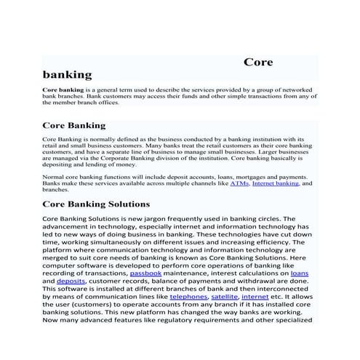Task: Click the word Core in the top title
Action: [x=257, y=63]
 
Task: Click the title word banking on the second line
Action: [x=68, y=74]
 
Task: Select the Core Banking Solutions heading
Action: [x=96, y=204]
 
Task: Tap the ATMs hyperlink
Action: [x=239, y=184]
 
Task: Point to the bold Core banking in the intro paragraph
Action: [x=63, y=89]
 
